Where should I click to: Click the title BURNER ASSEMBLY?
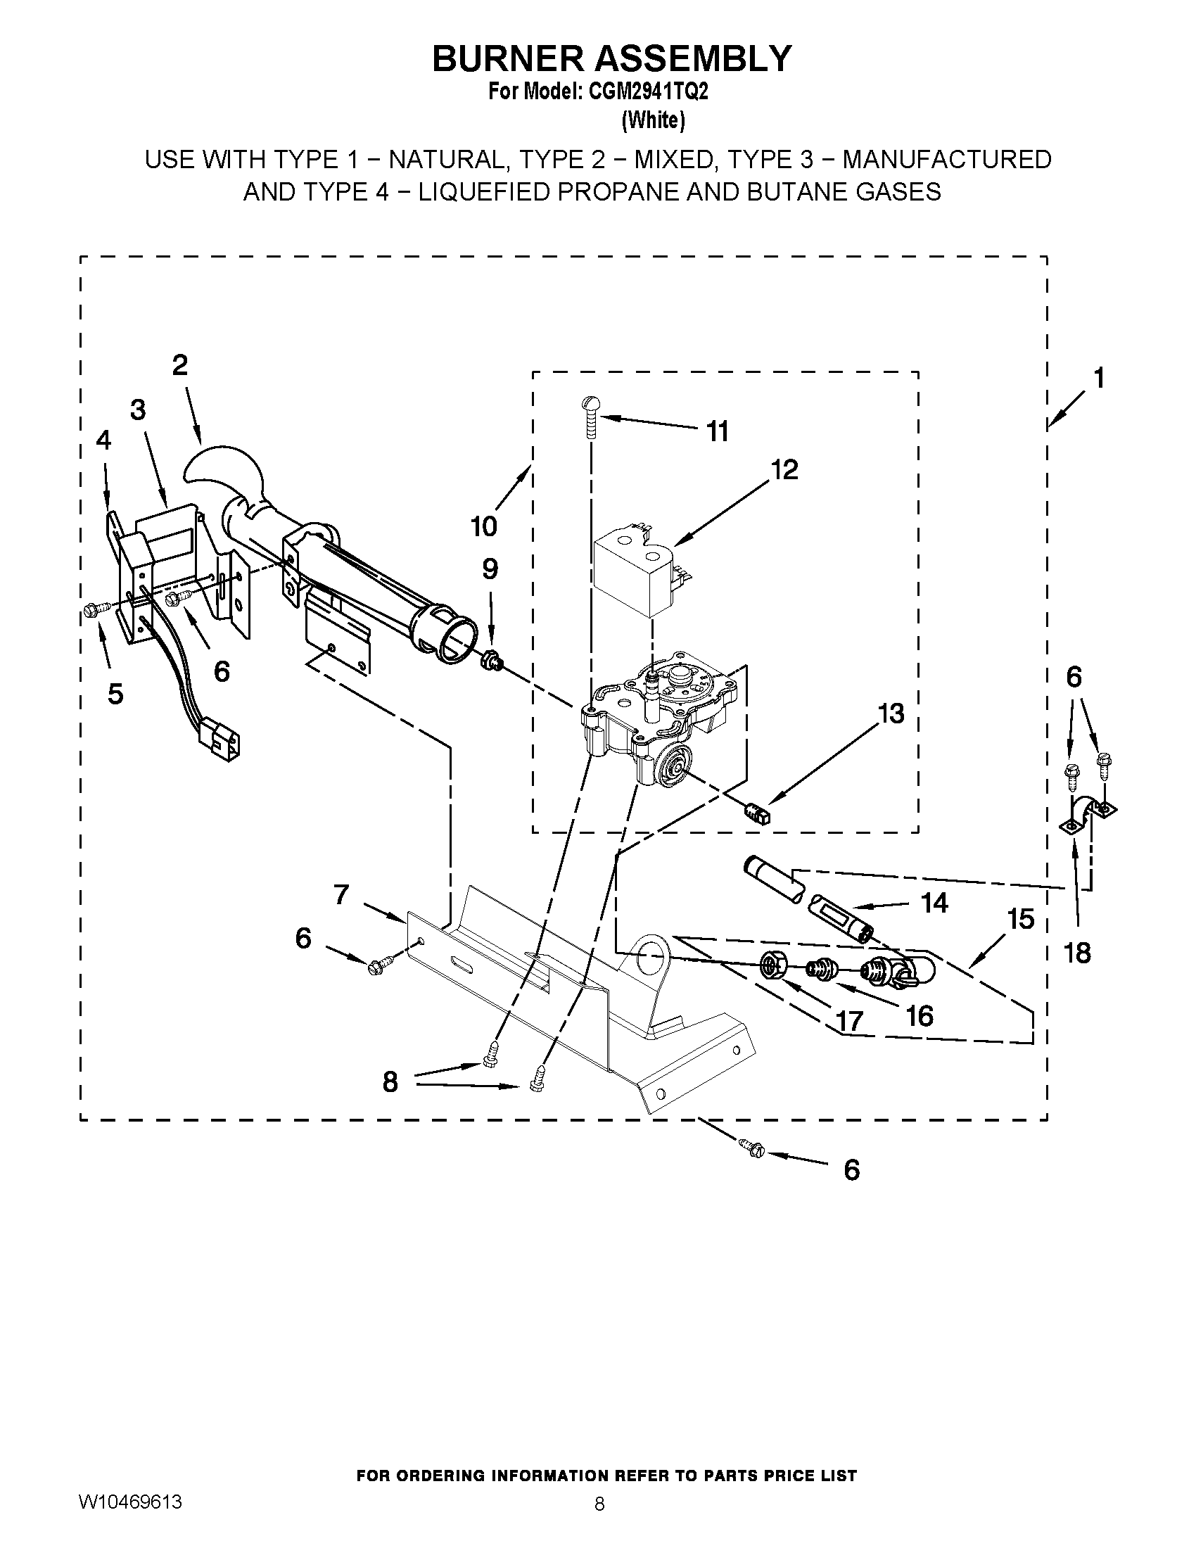coord(611,58)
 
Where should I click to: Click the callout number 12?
coord(784,469)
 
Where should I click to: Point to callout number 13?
coord(890,713)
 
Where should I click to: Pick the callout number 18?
coord(1077,953)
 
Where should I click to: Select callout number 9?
coord(490,569)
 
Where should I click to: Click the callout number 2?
coord(180,366)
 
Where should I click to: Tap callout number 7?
coord(341,895)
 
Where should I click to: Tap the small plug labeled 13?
coord(757,809)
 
